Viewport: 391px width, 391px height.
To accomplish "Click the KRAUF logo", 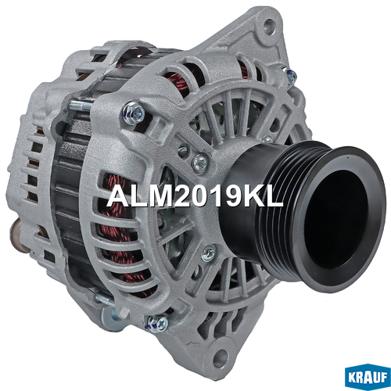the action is (367, 376).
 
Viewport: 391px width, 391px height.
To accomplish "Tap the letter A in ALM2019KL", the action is (119, 196).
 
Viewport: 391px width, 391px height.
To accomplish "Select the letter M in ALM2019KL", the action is (160, 196).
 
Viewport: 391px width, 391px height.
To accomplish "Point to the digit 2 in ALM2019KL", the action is (182, 196).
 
